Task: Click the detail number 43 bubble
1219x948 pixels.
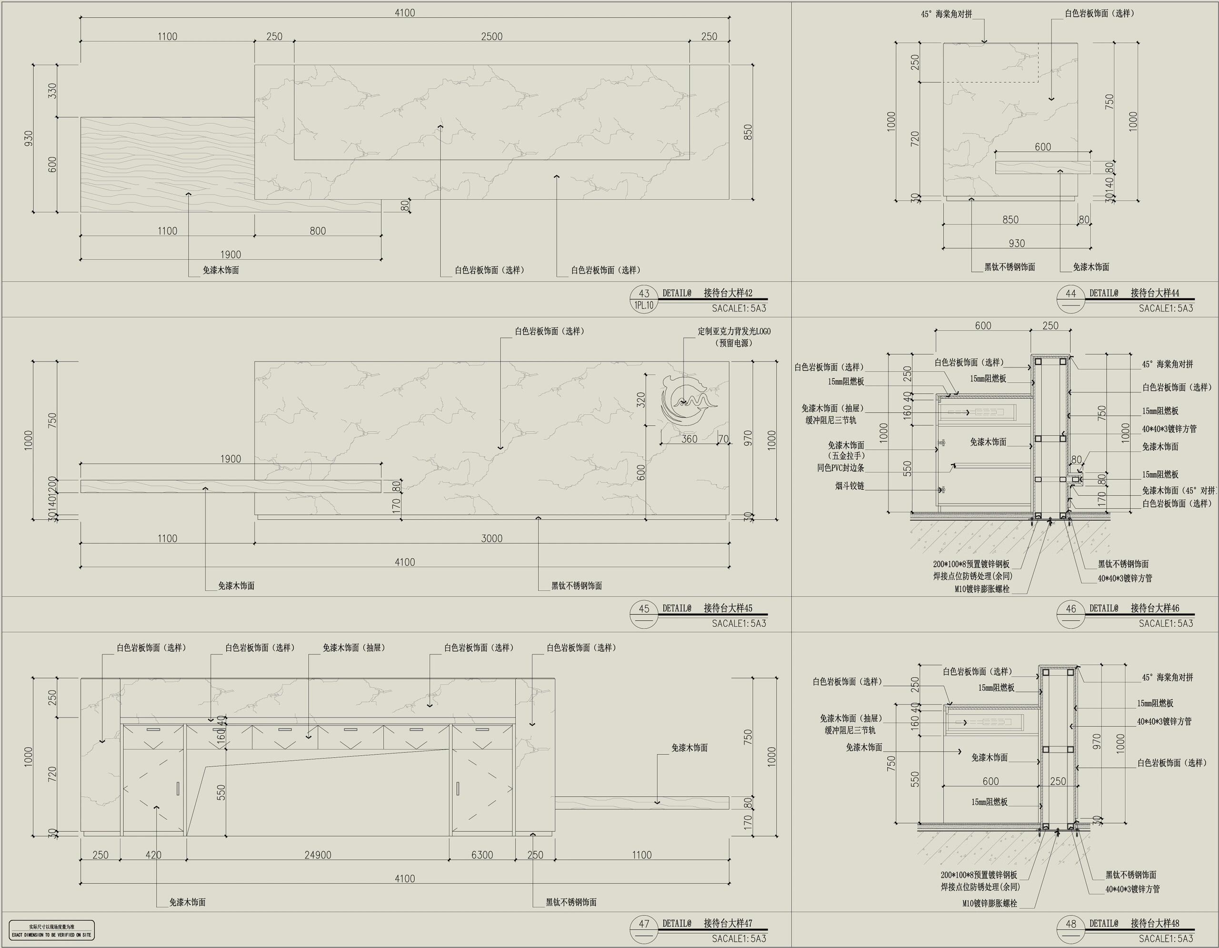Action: tap(644, 293)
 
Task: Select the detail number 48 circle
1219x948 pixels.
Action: tap(1070, 923)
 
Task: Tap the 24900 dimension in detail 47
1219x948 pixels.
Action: tap(318, 855)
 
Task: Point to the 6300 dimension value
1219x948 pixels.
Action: tap(482, 855)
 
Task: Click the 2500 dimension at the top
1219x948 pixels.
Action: tap(492, 37)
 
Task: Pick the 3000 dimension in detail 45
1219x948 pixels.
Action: tap(492, 538)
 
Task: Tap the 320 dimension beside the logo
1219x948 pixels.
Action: tap(641, 399)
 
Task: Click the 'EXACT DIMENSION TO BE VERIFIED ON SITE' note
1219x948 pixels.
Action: tap(51, 935)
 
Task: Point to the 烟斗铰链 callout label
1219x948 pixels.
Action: tap(849, 486)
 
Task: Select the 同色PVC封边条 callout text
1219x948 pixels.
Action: tap(840, 468)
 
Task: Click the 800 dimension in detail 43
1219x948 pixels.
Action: tap(318, 231)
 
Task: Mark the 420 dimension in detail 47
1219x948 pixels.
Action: tap(153, 855)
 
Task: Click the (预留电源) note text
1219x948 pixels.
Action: tap(734, 343)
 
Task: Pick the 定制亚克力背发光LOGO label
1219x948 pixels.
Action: tap(734, 331)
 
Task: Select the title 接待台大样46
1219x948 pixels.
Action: tap(1155, 608)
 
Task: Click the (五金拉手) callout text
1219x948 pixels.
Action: tap(846, 456)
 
